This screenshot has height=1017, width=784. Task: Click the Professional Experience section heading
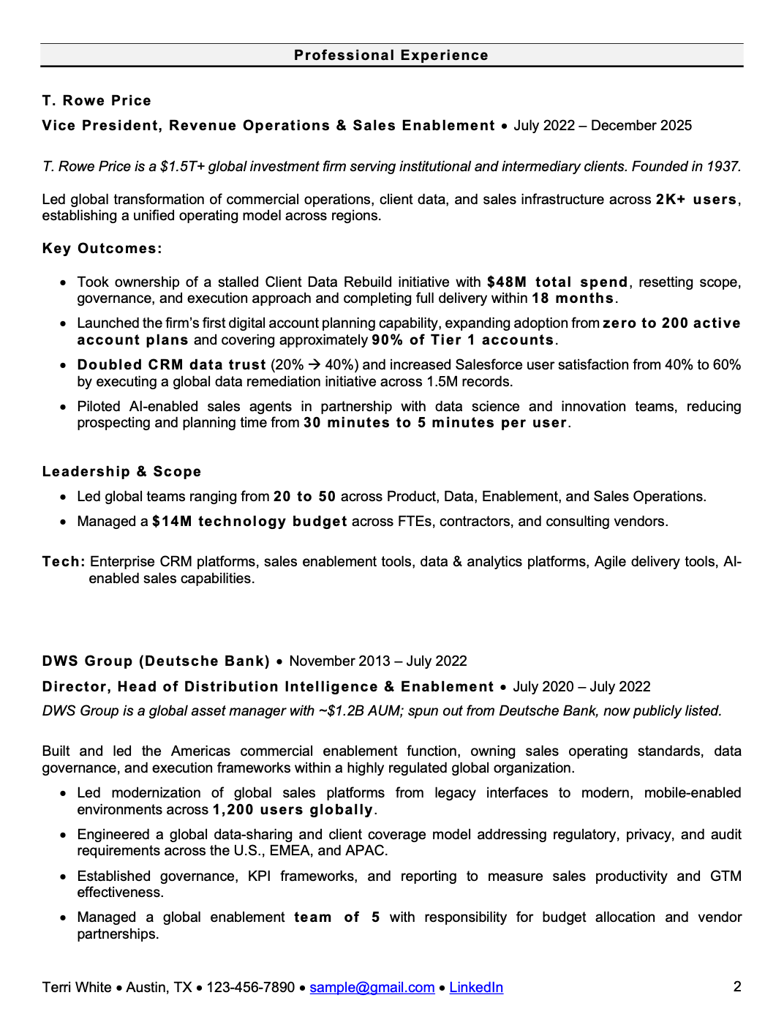[391, 55]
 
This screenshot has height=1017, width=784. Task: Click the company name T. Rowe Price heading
[97, 101]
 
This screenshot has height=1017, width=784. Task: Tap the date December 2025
[641, 125]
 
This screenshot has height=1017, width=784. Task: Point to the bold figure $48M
[506, 282]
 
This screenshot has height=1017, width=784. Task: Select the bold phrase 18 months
[573, 299]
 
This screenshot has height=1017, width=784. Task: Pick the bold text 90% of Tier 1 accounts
[463, 340]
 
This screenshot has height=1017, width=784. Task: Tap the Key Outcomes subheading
[102, 249]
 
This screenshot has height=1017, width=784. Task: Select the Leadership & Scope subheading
[121, 472]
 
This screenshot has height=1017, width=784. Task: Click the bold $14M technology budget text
[249, 522]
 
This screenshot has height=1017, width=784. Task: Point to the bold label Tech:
[64, 562]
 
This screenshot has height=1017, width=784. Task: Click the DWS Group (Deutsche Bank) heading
[156, 661]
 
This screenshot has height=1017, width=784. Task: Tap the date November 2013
[339, 661]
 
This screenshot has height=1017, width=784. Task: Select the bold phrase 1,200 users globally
[293, 810]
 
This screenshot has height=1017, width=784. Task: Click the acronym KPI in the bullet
[259, 877]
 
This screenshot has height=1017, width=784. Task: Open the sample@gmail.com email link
[372, 988]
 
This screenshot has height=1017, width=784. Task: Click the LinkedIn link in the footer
[475, 988]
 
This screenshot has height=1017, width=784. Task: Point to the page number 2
[737, 987]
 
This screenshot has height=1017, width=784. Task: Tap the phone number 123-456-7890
[250, 988]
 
